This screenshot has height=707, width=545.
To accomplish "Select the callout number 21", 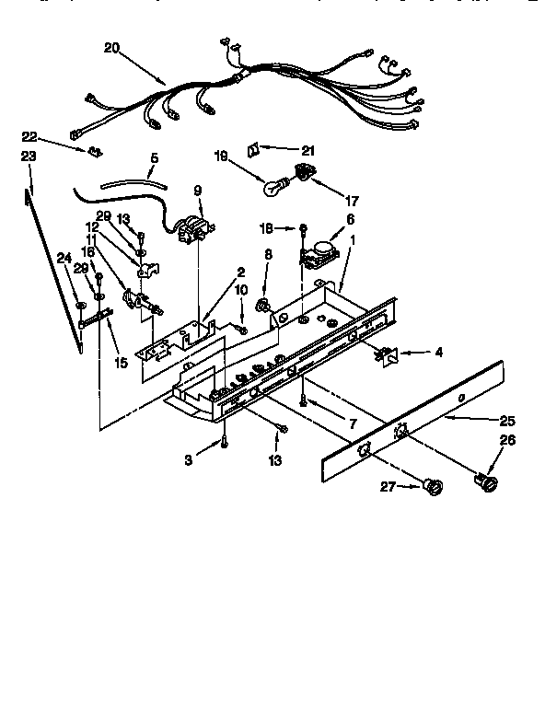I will point(308,149).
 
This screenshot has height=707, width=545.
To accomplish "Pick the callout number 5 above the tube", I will point(154,158).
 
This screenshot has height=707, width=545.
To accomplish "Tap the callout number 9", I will point(196,191).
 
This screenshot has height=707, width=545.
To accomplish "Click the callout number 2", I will point(240,272).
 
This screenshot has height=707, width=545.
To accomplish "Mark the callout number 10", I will point(241,291).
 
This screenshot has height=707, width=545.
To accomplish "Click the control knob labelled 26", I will point(489,481).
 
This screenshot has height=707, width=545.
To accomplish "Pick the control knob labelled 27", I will point(431,487).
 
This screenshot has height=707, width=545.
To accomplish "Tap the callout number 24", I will point(64,258).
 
